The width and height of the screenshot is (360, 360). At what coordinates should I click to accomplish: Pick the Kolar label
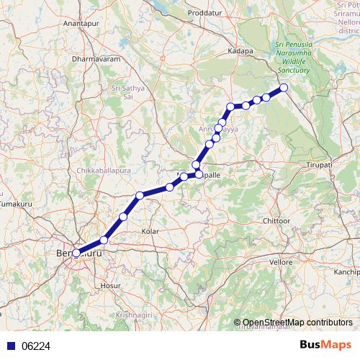[150, 231]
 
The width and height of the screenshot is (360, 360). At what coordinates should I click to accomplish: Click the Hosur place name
[110, 286]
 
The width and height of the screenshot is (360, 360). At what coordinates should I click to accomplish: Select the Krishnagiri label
[136, 315]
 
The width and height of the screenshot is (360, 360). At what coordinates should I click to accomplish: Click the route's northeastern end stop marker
[284, 88]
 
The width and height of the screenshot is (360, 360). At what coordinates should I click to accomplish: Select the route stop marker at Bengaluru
[76, 253]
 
